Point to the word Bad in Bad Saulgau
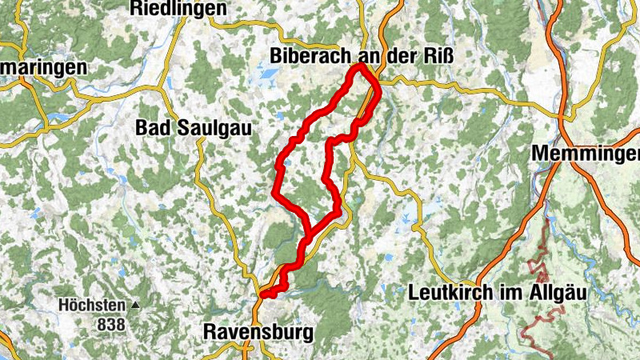(151, 128)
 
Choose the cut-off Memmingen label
(585, 153)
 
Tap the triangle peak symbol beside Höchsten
(135, 306)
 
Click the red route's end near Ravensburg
(263, 294)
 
